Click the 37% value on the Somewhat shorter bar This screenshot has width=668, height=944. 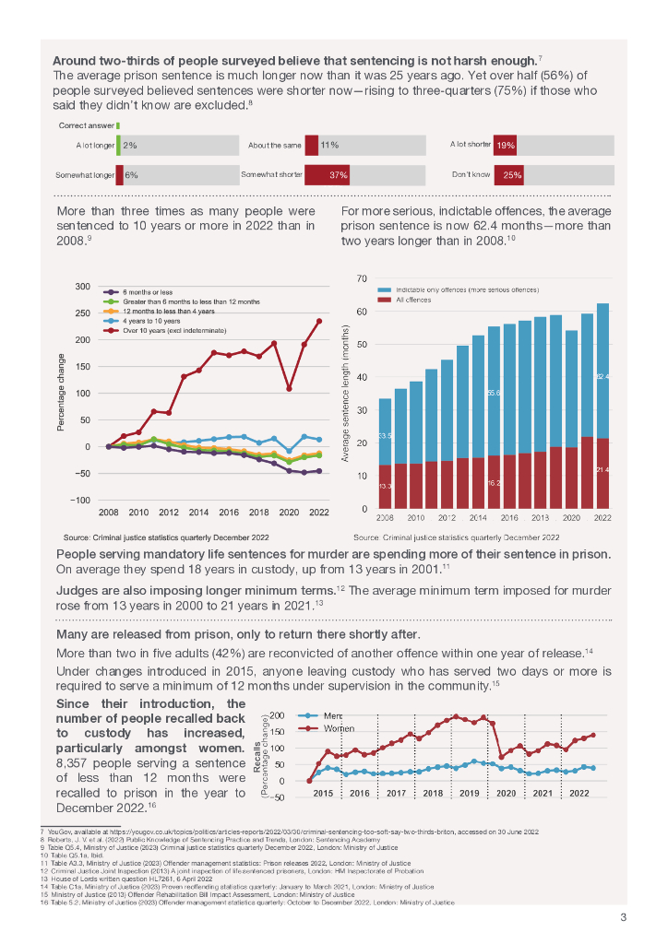point(338,175)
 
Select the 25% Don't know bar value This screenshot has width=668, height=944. point(513,175)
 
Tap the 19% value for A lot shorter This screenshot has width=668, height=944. point(506,146)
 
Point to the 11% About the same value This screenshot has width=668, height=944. point(329,146)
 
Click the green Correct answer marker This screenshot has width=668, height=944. point(118,125)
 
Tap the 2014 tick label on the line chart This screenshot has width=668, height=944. point(198,513)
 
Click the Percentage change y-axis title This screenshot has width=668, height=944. point(61,393)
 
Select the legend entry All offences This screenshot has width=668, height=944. point(414,301)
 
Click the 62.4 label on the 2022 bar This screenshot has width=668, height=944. point(602,376)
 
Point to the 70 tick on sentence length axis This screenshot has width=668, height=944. point(362,278)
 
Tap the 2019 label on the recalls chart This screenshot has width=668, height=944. point(470,793)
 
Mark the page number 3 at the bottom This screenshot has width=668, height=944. point(623,917)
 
